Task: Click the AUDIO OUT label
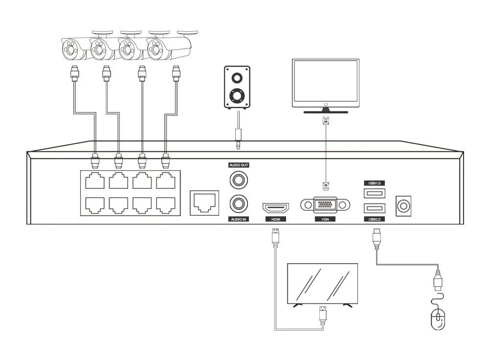[x=239, y=165]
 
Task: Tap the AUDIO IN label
[x=239, y=220]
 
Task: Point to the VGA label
[x=326, y=220]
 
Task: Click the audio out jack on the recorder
[x=239, y=180]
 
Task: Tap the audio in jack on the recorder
[x=239, y=202]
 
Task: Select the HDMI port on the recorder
[x=275, y=206]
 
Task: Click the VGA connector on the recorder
[x=326, y=205]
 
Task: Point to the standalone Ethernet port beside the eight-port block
[x=203, y=202]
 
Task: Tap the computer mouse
[x=438, y=319]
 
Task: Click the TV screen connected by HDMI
[x=322, y=284]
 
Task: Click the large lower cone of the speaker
[x=237, y=95]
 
